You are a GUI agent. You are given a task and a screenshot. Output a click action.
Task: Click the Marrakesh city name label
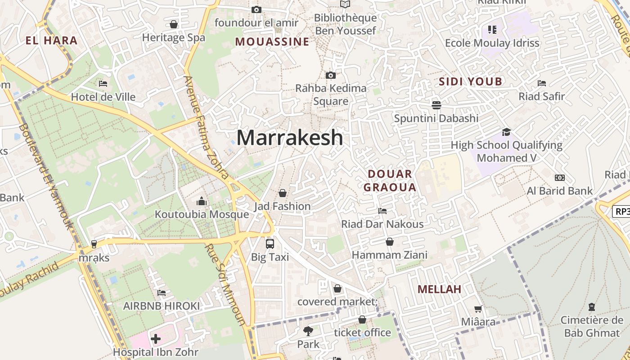pyautogui.click(x=290, y=137)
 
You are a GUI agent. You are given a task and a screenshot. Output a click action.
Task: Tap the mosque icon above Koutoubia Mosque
pyautogui.click(x=202, y=201)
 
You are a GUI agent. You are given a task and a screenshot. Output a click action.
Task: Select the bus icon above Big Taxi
pyautogui.click(x=270, y=243)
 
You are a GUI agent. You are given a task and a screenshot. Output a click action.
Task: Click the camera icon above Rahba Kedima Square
pyautogui.click(x=331, y=75)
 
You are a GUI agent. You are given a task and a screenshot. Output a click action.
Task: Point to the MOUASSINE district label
pyautogui.click(x=272, y=42)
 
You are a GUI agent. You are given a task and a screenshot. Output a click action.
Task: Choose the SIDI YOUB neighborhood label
pyautogui.click(x=470, y=81)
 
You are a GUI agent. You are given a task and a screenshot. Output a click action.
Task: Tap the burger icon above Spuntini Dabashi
pyautogui.click(x=436, y=105)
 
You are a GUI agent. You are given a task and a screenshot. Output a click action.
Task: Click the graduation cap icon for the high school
pyautogui.click(x=506, y=132)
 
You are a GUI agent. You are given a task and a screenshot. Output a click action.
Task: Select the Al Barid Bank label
pyautogui.click(x=560, y=191)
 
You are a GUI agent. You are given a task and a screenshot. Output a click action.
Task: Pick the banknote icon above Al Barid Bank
pyautogui.click(x=560, y=178)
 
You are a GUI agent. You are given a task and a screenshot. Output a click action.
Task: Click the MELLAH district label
pyautogui.click(x=439, y=289)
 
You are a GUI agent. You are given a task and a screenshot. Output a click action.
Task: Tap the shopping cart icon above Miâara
pyautogui.click(x=478, y=309)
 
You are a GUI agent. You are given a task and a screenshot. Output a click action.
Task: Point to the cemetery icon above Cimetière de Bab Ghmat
pyautogui.click(x=592, y=307)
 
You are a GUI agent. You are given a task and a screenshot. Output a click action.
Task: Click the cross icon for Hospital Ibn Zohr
pyautogui.click(x=156, y=338)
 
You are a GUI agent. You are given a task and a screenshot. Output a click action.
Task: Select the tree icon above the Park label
pyautogui.click(x=308, y=331)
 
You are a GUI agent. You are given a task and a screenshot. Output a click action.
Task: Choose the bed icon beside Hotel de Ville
pyautogui.click(x=103, y=83)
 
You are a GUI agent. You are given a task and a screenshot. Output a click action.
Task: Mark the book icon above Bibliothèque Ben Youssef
pyautogui.click(x=345, y=4)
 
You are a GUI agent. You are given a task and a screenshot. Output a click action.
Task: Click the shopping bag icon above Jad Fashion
pyautogui.click(x=283, y=193)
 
